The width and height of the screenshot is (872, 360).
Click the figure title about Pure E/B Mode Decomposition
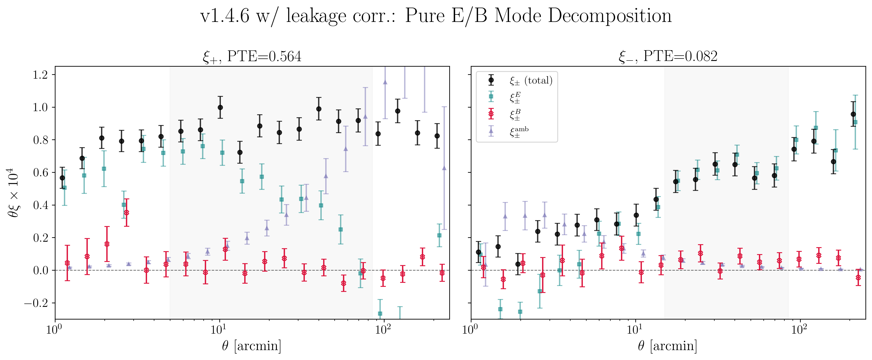436,16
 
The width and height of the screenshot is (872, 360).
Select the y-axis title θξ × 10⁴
13,193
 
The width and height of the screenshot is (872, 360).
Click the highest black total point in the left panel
220,107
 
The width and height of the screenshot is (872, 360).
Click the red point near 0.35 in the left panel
127,213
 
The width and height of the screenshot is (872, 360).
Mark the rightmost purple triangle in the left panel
444,168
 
